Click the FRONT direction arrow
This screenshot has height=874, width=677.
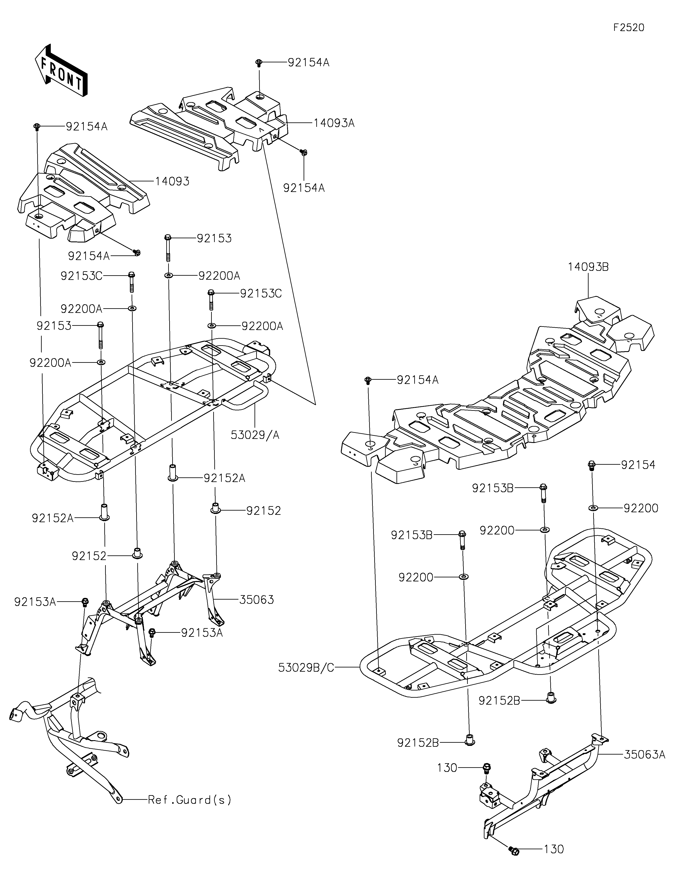(61, 70)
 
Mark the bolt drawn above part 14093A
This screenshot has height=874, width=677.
(259, 63)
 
